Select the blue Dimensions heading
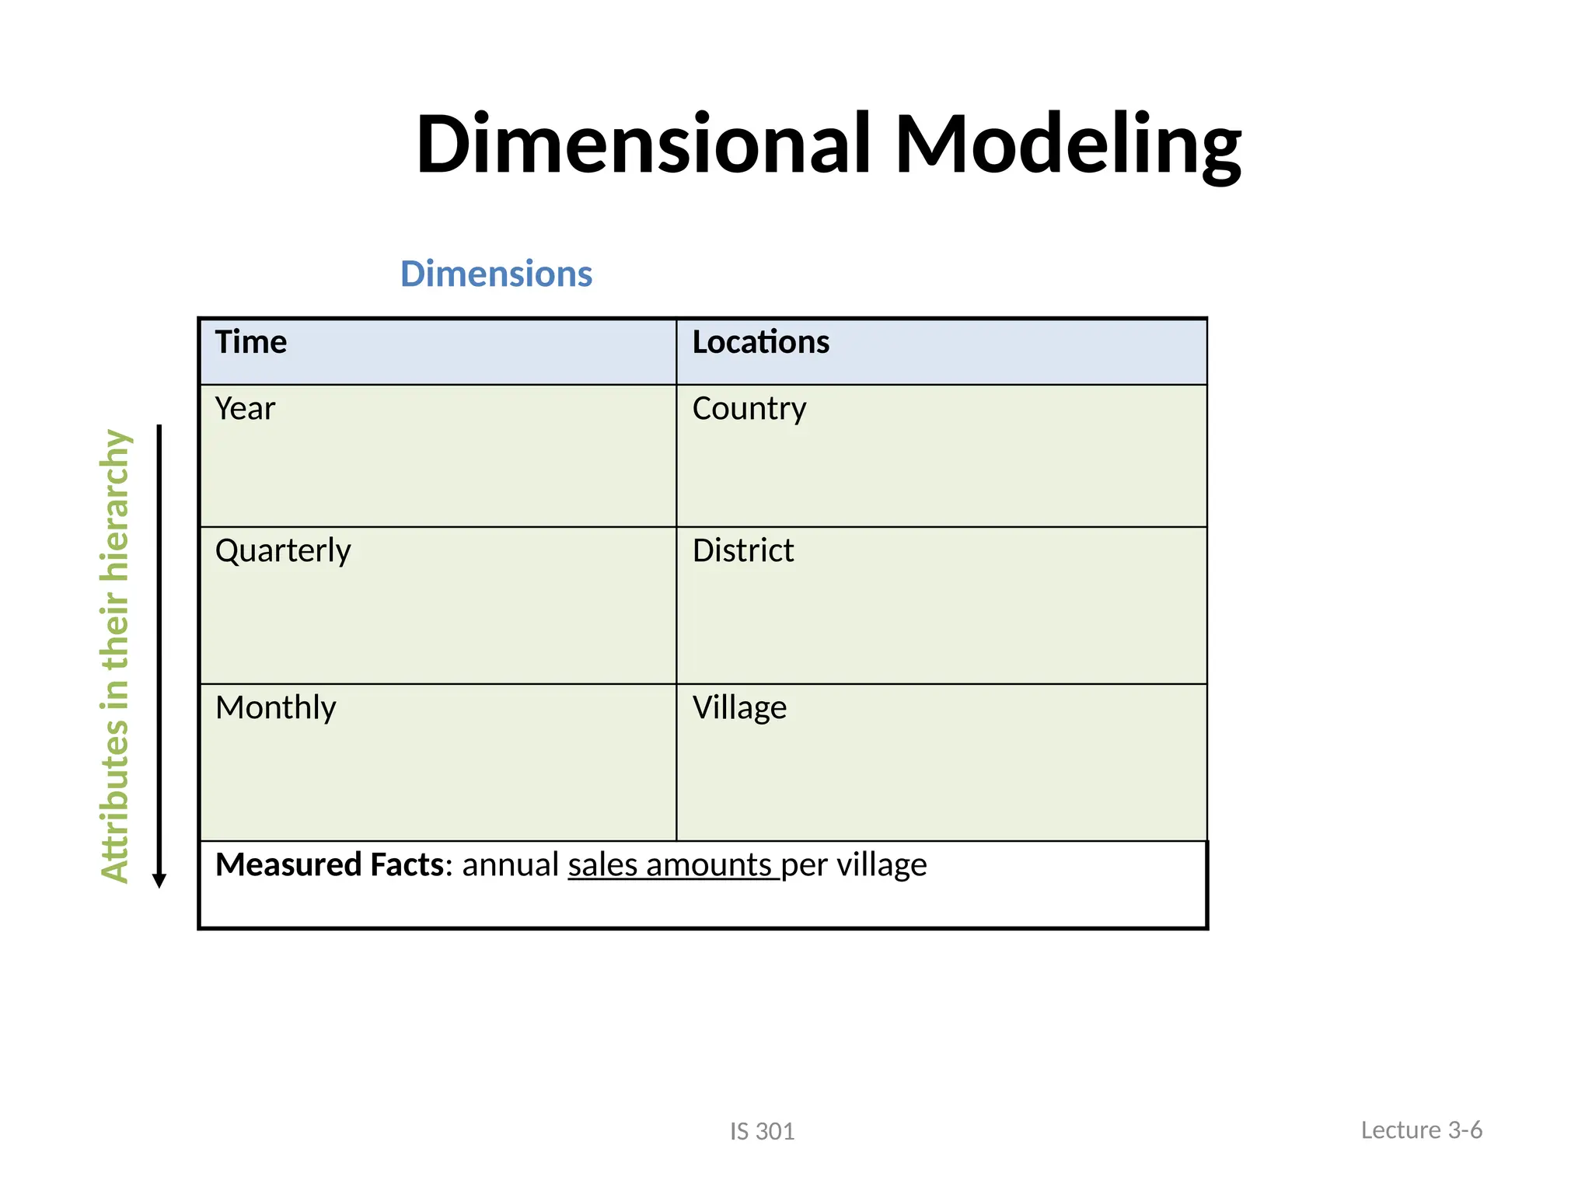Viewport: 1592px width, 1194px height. pos(496,274)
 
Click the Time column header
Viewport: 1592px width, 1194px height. pos(251,343)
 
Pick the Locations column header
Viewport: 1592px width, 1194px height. pos(760,343)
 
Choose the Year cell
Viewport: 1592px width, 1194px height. pos(245,409)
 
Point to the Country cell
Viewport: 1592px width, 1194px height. pos(749,409)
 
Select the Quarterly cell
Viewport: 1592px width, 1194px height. pos(283,551)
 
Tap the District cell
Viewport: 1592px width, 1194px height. pos(743,551)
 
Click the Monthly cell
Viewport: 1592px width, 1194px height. pos(275,708)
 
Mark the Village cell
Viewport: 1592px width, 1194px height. pos(739,708)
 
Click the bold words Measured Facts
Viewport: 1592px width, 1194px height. pos(330,865)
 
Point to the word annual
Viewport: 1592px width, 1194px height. pos(510,865)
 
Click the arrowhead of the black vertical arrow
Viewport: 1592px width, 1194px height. pos(159,881)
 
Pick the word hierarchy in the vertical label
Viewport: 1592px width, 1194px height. pos(115,505)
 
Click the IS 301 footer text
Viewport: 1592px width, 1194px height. pos(762,1132)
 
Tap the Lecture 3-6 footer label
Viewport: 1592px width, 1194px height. pos(1421,1130)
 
